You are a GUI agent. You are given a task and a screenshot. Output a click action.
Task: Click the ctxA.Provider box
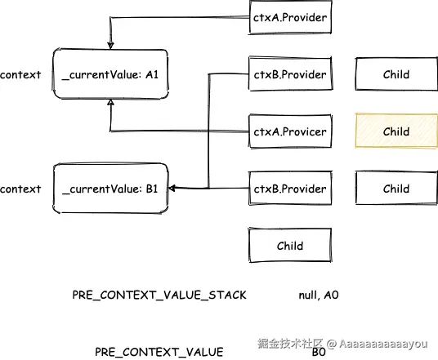coord(290,17)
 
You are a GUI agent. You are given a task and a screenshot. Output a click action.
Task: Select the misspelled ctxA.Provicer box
coord(290,131)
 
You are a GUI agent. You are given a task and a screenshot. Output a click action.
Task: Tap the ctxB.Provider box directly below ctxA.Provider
coord(290,74)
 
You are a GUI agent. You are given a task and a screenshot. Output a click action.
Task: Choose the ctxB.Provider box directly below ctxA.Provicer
coord(290,189)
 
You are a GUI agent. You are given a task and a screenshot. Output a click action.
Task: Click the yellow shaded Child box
coord(396,131)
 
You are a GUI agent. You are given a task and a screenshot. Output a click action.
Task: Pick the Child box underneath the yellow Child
coord(396,189)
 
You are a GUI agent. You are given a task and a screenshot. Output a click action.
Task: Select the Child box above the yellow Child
coord(396,74)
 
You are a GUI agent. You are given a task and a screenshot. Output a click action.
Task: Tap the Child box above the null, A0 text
coord(290,246)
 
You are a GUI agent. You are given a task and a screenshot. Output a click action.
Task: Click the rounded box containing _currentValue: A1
coord(110,74)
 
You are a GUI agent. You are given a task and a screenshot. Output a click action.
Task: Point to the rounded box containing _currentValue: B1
coord(110,189)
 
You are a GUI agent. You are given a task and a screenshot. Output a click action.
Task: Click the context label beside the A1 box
coord(20,75)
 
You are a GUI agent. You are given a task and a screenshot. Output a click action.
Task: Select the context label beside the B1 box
coord(20,189)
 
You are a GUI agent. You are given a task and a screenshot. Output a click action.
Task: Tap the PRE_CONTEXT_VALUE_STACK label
coord(159,295)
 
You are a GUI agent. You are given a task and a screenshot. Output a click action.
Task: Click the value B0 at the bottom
coord(319,352)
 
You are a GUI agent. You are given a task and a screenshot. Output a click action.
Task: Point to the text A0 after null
coord(331,295)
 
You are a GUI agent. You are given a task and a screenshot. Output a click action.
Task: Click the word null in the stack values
coord(308,296)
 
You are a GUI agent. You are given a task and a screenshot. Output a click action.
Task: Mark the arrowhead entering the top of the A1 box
coord(110,45)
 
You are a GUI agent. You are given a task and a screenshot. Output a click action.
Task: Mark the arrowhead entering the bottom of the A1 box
coord(110,102)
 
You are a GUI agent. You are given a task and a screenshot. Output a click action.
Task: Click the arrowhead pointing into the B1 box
coord(172,188)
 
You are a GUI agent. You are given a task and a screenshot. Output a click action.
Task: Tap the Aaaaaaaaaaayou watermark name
coord(383,344)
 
